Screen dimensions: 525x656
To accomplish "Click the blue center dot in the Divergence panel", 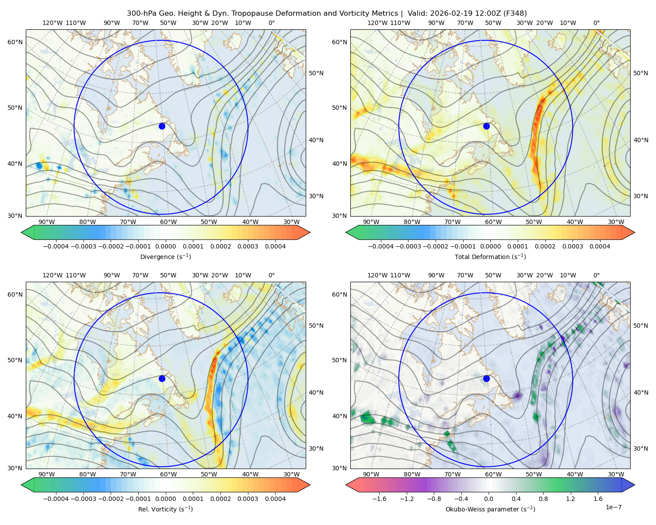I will click(162, 126).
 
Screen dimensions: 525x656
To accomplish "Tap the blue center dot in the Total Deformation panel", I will click(486, 126).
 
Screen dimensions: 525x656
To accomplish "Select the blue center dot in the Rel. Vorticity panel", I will click(162, 378).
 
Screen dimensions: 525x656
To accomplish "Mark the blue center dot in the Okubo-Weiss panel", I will click(486, 378).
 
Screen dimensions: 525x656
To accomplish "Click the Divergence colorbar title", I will click(165, 257).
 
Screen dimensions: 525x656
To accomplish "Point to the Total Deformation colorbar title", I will click(490, 257).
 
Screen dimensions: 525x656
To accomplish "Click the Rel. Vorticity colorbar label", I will click(165, 509).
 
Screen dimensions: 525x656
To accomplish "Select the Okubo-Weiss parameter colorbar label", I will click(490, 509).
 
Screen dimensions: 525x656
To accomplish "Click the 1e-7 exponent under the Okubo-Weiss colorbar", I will click(614, 507).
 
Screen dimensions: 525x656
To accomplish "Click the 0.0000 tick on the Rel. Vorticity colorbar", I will click(165, 499).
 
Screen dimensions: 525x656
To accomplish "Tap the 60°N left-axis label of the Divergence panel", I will click(15, 42).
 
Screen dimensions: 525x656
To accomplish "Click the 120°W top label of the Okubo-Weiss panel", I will click(377, 275).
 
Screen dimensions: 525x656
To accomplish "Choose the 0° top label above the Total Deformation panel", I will click(597, 23).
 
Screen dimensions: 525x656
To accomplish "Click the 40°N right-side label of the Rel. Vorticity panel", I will click(316, 392).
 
